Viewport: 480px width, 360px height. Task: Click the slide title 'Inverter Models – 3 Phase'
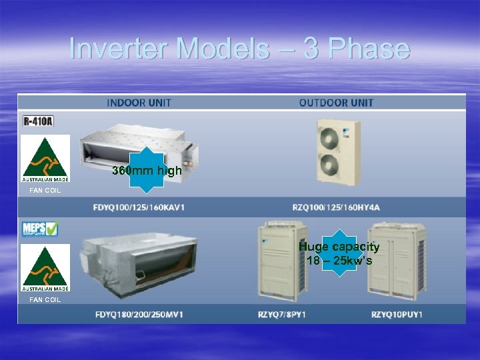pos(239,49)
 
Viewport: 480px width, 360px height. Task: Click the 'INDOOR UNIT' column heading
pos(139,103)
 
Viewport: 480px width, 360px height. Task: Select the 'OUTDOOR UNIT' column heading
pos(336,103)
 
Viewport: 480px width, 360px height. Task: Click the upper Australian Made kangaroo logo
pos(45,158)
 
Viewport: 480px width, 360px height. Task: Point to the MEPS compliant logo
pos(40,229)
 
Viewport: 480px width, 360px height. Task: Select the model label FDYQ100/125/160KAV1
pos(139,207)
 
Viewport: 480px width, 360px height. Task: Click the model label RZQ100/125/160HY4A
pos(336,207)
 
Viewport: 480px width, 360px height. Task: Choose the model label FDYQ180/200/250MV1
pos(139,314)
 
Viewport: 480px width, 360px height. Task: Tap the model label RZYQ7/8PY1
pos(281,314)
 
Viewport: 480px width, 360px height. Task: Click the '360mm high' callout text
pos(147,171)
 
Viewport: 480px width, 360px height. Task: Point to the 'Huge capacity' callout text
pos(339,247)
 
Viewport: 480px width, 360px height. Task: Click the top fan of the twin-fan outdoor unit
pos(331,136)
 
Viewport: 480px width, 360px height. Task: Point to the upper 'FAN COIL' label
pos(45,191)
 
